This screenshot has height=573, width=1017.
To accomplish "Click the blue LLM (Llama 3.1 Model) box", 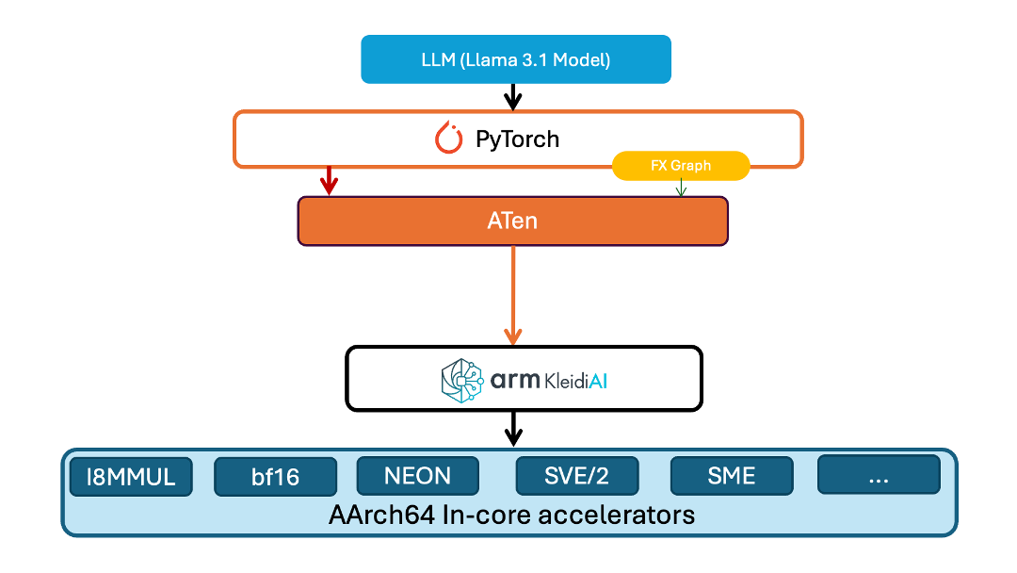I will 516,59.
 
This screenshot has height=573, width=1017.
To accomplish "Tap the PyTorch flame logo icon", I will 449,139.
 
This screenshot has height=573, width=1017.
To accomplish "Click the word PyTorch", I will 517,139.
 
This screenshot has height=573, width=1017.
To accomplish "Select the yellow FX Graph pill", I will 680,166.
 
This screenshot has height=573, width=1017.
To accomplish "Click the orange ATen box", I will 513,221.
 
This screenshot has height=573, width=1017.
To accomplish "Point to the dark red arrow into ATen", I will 329,181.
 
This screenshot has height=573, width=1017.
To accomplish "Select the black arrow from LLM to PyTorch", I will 512,96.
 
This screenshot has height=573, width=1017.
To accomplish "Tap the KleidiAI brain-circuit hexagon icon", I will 461,379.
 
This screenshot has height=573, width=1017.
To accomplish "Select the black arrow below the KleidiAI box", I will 512,428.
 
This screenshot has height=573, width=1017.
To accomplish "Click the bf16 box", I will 275,477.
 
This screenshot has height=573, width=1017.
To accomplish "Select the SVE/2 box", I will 576,476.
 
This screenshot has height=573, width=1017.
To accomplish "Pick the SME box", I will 732,476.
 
